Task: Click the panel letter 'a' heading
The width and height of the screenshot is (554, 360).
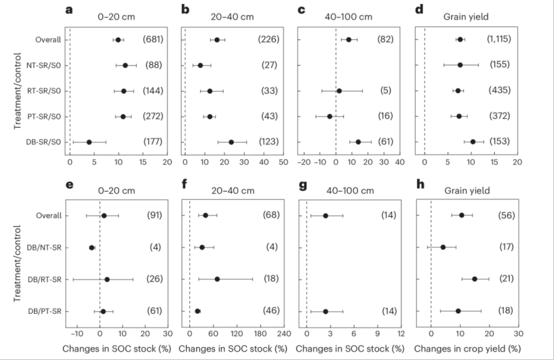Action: point(68,9)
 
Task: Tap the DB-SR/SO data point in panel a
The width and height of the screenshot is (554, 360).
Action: point(89,142)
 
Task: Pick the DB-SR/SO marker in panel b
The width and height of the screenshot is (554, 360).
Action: point(231,142)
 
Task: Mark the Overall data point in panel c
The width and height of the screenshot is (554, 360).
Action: point(349,40)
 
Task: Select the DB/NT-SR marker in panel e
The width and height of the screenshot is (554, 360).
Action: point(92,247)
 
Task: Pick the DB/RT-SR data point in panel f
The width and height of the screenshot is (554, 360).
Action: point(217,279)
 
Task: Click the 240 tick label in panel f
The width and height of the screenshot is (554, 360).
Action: point(283,334)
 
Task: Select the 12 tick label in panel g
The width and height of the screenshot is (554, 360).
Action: point(401,334)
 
